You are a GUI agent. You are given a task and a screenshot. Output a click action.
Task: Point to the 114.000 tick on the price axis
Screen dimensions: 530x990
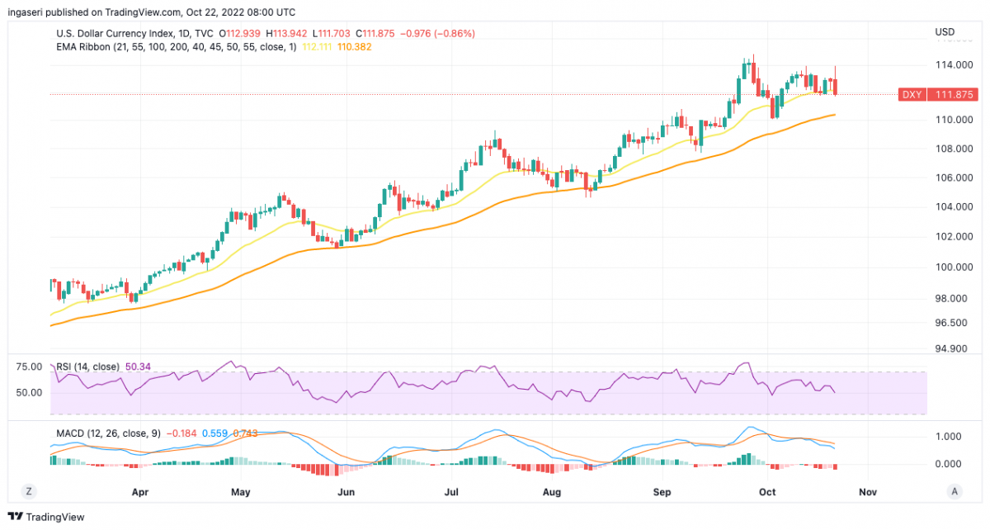tap(950, 64)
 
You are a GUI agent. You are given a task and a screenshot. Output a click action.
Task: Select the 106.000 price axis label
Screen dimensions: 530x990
tap(950, 178)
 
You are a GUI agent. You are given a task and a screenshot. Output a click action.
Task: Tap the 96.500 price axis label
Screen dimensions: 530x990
tap(953, 323)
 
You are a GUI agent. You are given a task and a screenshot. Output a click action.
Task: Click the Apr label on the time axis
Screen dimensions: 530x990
tap(140, 492)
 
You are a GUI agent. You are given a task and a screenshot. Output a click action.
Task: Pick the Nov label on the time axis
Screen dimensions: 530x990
tap(867, 492)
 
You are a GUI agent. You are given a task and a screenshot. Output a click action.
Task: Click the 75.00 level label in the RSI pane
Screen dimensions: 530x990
tap(28, 367)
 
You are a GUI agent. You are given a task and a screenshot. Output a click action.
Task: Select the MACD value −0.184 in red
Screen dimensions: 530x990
tap(180, 433)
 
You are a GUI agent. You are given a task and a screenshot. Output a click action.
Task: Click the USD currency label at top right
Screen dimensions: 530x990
tap(945, 33)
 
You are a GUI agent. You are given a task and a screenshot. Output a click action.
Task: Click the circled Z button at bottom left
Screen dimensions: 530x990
tap(28, 491)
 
